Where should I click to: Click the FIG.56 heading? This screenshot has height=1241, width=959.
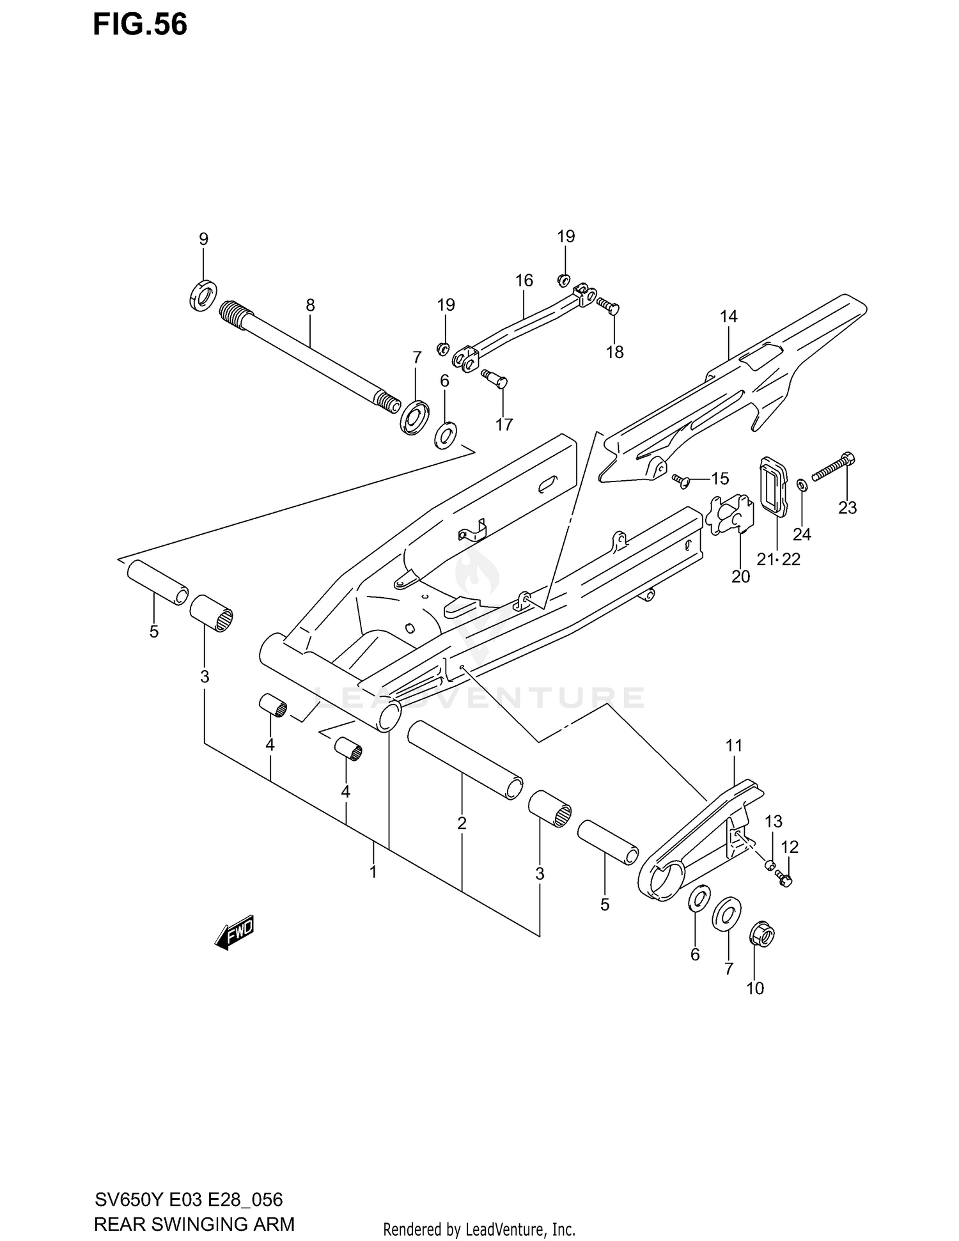point(140,24)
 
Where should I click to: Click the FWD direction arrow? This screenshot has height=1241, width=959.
point(235,933)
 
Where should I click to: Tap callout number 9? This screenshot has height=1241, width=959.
point(203,239)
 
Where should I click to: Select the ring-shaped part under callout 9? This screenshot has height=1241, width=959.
point(204,295)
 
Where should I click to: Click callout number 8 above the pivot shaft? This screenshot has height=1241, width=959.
point(310,305)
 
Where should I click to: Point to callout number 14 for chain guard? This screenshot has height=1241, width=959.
point(728,316)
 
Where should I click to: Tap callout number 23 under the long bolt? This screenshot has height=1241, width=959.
point(847,508)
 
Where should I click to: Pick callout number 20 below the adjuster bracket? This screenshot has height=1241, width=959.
point(740,576)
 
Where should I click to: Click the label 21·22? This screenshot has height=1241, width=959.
point(778,559)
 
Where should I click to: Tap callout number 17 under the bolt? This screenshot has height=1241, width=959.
point(504,425)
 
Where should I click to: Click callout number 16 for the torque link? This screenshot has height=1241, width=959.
point(524,280)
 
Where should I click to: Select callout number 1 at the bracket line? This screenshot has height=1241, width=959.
point(373,871)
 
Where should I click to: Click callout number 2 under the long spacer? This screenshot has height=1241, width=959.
point(462,823)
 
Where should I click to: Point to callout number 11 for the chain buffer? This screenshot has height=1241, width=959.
point(734,745)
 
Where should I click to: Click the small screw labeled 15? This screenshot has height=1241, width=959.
point(681,480)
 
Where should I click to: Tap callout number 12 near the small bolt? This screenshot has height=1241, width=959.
point(790,847)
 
